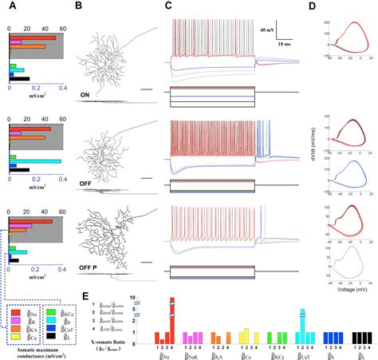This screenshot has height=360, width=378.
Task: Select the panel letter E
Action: pos(87,296)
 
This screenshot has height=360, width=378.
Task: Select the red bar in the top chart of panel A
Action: pos(31,38)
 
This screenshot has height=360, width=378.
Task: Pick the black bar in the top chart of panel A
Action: pos(18,79)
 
